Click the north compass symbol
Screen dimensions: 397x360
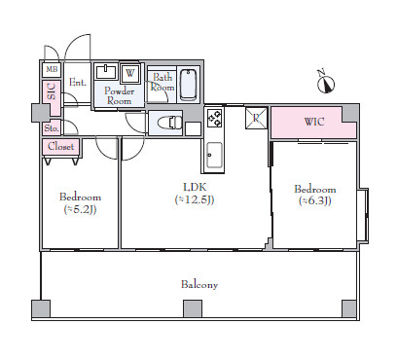[x=326, y=82]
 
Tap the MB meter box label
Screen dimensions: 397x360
[x=52, y=69]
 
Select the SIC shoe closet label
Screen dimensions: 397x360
[x=52, y=91]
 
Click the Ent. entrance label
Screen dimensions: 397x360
[x=78, y=83]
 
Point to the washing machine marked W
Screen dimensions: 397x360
[x=129, y=73]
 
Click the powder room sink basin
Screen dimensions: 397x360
[x=106, y=72]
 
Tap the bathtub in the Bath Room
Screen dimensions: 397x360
[x=189, y=85]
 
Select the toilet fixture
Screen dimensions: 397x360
[x=169, y=123]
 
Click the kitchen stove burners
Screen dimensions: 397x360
[x=214, y=118]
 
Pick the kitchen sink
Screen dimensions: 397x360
[x=214, y=156]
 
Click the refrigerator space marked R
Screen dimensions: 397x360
[x=256, y=118]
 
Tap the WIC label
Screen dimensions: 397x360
[x=313, y=122]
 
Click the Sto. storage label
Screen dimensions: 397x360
[x=52, y=128]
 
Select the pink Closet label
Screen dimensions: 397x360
[x=60, y=146]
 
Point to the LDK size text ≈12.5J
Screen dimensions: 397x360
[x=195, y=199]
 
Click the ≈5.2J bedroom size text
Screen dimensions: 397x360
[x=80, y=209]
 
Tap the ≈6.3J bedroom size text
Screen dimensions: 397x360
[x=315, y=201]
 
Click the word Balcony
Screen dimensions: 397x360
[x=199, y=285]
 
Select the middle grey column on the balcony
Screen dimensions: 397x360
[x=193, y=308]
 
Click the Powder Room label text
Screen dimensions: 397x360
[x=120, y=95]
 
